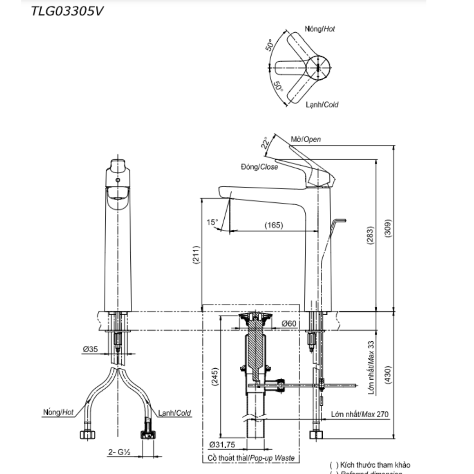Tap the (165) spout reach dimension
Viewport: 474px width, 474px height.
pos(273,225)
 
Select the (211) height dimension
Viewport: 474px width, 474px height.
pos(196,258)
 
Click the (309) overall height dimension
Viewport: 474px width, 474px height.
pos(388,230)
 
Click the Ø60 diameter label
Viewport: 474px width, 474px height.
pos(288,323)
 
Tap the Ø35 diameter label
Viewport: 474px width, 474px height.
pos(90,349)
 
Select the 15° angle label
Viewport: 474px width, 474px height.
pos(212,222)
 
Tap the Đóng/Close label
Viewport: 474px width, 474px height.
pos(259,167)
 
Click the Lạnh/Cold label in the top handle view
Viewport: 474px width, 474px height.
pos(322,105)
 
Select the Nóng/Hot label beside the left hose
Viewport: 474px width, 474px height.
pos(58,412)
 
